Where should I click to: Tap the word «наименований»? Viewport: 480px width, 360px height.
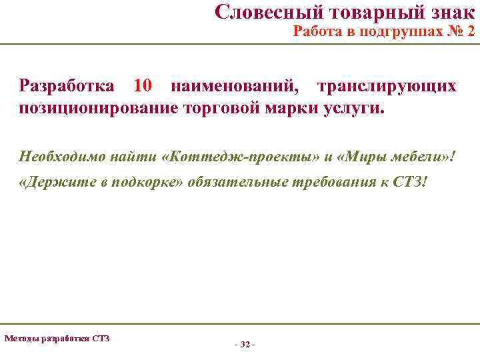235,86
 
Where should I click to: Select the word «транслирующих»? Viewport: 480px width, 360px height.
387,86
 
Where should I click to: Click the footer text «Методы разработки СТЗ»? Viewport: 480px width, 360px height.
57,338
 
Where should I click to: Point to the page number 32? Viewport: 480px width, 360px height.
245,345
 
